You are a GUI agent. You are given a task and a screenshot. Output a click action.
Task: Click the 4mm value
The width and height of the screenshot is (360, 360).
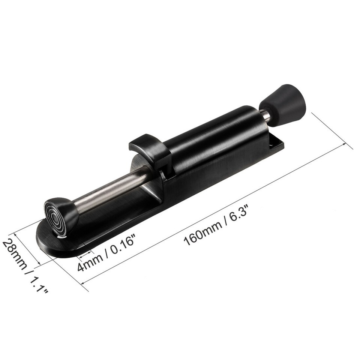click(x=87, y=264)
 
